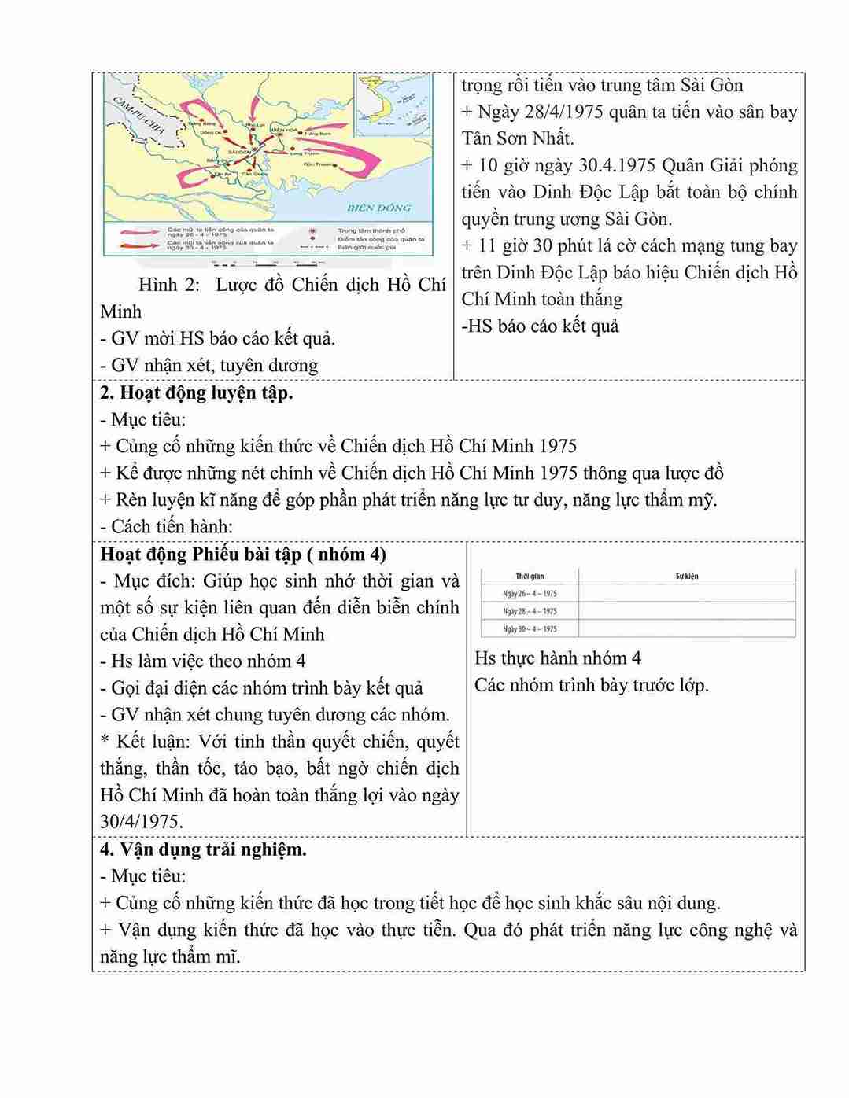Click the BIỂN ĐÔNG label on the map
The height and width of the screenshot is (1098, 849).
click(378, 208)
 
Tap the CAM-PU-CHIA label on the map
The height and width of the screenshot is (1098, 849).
click(138, 116)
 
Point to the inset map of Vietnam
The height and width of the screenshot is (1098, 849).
click(392, 105)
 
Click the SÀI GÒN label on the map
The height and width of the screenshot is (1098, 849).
click(238, 151)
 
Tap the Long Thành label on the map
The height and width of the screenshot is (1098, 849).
click(307, 153)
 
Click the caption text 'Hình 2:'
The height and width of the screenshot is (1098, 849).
click(169, 285)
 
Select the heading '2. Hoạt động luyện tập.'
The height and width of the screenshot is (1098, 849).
click(196, 392)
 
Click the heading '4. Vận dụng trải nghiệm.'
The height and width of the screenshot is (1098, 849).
click(203, 849)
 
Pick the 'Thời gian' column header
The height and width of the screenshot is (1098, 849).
click(530, 577)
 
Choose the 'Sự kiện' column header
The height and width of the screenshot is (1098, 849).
click(686, 577)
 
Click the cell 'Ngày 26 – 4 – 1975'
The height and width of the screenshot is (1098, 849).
click(530, 594)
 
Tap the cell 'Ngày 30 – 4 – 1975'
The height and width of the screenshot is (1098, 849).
click(530, 628)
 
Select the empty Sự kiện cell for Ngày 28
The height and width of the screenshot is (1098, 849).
click(686, 611)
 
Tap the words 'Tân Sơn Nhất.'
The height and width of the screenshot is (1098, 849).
click(518, 138)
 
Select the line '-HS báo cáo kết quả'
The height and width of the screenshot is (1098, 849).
click(540, 326)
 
